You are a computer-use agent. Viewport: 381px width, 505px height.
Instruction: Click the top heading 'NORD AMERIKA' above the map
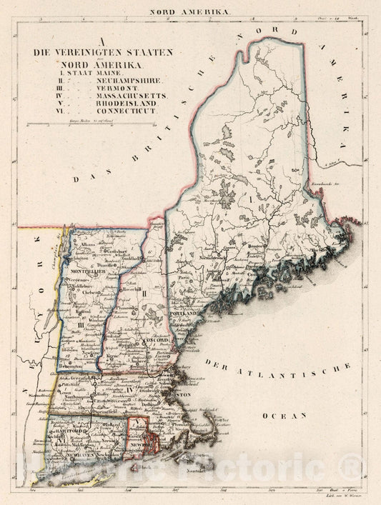pyautogui.click(x=189, y=12)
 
